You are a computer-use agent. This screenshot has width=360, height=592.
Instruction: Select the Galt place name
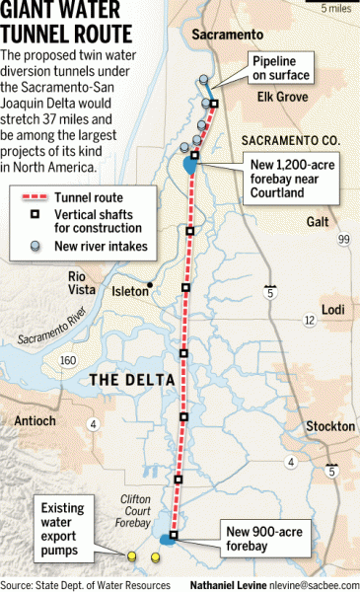coord(318,222)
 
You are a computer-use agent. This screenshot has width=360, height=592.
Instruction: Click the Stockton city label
coord(330,426)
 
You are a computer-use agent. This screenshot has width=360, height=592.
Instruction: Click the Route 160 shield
coord(68,361)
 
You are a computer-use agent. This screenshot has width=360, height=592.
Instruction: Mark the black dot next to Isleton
coord(149,287)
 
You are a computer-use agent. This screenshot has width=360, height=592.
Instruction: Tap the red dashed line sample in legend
coord(38,197)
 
